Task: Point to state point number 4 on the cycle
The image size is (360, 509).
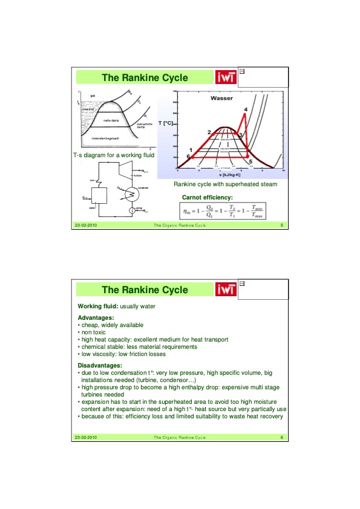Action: coord(245,109)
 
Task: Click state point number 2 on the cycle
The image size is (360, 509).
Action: coord(209,132)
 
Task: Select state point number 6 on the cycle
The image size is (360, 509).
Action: coord(188,157)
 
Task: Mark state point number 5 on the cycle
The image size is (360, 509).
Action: coord(250,163)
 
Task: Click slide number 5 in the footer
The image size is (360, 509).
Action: coord(282,225)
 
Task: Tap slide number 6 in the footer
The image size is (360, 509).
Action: coord(282,437)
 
